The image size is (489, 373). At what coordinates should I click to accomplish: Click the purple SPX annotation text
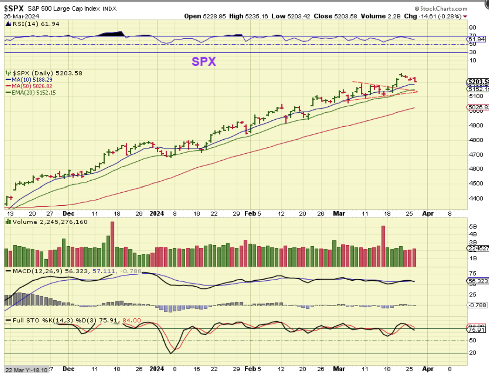203,61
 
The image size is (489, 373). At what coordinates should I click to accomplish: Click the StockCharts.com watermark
441,8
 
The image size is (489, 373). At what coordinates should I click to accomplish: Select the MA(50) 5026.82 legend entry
32,86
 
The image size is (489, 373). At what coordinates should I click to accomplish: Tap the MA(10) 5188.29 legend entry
32,80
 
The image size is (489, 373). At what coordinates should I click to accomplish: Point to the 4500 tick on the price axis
476,183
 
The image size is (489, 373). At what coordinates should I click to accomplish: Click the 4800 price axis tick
476,140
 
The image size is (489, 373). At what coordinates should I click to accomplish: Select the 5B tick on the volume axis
473,226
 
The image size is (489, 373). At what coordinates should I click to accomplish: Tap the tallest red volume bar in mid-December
113,244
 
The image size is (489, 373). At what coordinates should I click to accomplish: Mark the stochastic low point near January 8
171,353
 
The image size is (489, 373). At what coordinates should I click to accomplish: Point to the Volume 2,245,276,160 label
50,222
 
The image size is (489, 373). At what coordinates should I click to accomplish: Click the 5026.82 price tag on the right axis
478,107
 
